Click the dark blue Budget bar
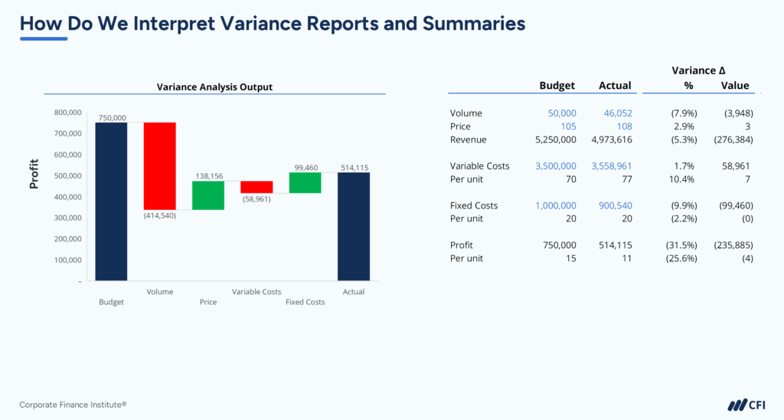point(111,202)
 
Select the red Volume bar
point(159,166)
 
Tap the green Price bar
point(207,195)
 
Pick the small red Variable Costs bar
point(256,187)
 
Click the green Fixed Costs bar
point(305,182)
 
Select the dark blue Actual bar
point(354,226)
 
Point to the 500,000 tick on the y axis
point(67,176)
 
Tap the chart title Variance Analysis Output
point(214,87)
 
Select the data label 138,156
point(207,176)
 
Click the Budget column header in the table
point(557,86)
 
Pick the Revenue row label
point(468,139)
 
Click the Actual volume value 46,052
point(616,113)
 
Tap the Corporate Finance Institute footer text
point(73,405)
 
